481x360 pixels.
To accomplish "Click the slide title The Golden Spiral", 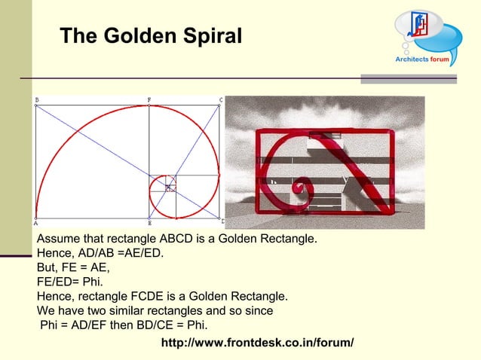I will tap(150, 35).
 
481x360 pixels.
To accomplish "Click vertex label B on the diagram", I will tap(37, 99).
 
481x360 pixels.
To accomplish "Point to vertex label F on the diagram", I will tap(149, 99).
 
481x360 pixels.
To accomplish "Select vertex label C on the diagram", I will tap(221, 99).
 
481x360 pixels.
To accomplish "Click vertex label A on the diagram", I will tap(36, 223).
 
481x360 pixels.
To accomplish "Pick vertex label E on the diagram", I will tap(149, 224).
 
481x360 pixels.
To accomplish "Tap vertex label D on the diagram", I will tap(222, 221).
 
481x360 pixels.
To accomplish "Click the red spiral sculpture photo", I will tap(325, 163).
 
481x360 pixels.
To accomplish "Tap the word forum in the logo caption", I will tap(440, 58).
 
